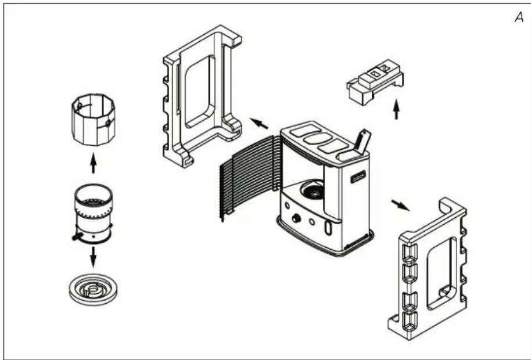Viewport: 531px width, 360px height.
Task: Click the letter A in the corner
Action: (519, 17)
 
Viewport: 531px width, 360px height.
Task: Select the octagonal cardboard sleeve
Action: (93, 120)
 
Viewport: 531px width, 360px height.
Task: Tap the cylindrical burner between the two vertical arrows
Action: (93, 214)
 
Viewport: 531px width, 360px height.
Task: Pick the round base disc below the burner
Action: (93, 290)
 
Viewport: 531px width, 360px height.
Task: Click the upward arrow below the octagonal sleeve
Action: (93, 163)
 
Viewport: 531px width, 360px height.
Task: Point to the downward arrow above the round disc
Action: (93, 257)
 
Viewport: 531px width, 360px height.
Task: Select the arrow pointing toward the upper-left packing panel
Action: (259, 123)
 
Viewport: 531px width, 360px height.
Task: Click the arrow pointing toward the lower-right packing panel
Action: (400, 205)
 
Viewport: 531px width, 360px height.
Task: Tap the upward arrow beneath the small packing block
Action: (396, 109)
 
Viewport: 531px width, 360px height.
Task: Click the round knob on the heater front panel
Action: (296, 218)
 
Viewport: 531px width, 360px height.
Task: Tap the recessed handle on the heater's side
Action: (358, 177)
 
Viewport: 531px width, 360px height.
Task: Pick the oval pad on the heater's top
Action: (318, 138)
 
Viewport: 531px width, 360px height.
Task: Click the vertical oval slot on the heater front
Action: (328, 228)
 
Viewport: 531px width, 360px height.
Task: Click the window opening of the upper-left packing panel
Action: (200, 91)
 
